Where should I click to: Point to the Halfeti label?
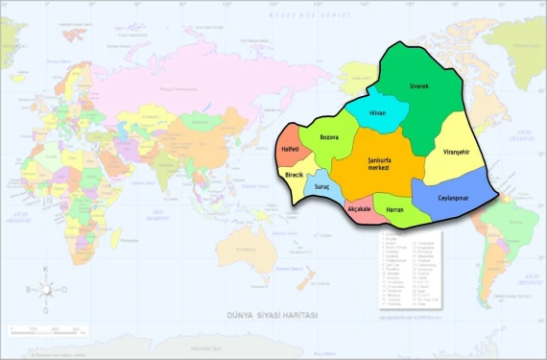pos(292,152)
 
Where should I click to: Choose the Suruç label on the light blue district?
pos(322,184)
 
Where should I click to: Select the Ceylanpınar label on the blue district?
pos(457,196)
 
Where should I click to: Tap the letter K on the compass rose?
pos(45,269)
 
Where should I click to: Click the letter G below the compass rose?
pos(45,310)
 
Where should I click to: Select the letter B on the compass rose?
pos(29,289)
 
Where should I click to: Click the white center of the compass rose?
pos(45,289)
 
